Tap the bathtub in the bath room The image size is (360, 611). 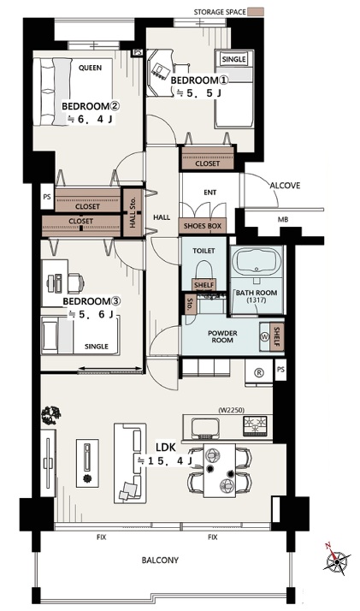pos(257,260)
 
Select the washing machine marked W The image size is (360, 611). pos(265,337)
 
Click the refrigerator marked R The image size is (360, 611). pos(258,372)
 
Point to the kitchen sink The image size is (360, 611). pos(204,428)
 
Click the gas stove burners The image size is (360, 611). pos(256,425)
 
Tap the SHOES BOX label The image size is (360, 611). pos(203,226)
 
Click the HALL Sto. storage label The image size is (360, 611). pos(133,214)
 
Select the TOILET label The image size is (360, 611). pos(204,251)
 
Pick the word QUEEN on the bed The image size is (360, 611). pos(90,68)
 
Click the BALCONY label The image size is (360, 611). pos(160,560)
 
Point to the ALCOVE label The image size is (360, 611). pos(286,186)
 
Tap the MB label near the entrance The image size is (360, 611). pos(283,220)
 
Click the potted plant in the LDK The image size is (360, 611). pos(51,415)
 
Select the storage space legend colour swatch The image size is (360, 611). pos(257,12)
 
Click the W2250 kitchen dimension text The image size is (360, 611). pos(231,410)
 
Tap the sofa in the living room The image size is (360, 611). pos(130,463)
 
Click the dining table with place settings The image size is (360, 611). pos(220,471)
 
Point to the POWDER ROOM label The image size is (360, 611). pos(222,336)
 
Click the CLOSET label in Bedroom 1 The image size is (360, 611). pos(207,163)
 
